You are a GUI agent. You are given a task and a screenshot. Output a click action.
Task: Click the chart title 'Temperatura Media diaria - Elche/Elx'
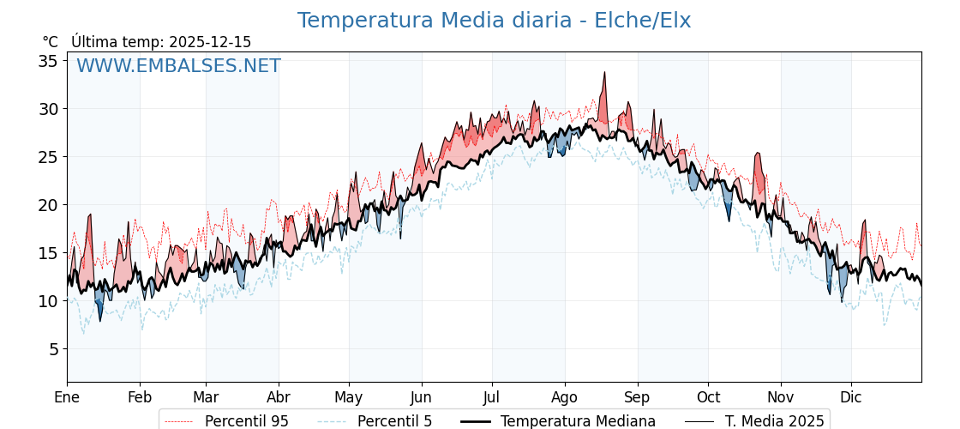pos(494,21)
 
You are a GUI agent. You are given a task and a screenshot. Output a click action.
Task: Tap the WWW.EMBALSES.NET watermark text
pos(178,66)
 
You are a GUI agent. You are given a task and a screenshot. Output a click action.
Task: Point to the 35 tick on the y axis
pos(47,61)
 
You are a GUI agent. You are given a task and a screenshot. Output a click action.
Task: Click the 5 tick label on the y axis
pos(52,349)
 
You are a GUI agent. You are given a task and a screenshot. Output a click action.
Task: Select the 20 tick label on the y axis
pos(47,205)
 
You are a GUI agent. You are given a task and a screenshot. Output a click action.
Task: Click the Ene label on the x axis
pos(67,398)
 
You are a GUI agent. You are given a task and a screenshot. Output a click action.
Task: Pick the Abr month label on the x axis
pos(279,398)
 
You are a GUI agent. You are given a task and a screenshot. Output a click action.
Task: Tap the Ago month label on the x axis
pos(565,398)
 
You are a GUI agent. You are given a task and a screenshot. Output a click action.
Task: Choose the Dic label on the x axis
pos(851,398)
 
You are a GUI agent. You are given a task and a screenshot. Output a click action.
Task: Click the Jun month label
pos(421,398)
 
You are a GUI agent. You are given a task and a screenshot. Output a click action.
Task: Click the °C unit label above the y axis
pos(51,42)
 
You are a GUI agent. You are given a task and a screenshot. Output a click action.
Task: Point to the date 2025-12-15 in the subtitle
pos(210,42)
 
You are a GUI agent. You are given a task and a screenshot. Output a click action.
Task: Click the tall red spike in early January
pos(89,215)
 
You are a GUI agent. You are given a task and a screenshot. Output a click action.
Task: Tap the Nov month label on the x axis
pos(781,398)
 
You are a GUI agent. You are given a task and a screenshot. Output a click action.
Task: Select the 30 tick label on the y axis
pos(47,109)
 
